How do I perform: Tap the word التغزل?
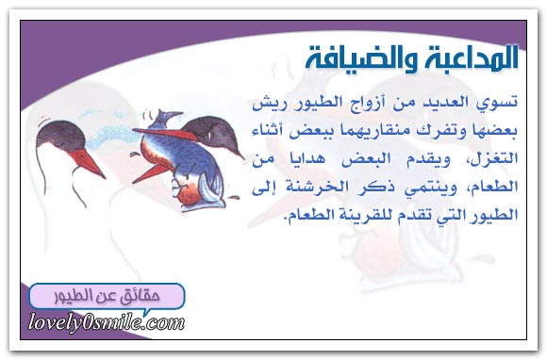point(494,159)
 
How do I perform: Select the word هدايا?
point(312,159)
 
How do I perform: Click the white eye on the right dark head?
point(210,133)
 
